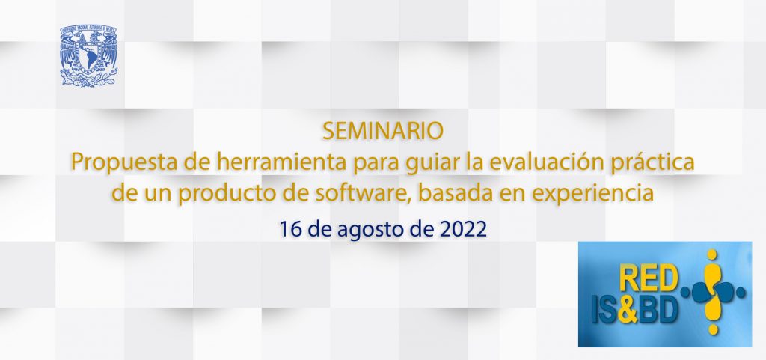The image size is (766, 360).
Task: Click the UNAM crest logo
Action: click(89, 56)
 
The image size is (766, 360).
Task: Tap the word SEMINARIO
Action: click(382, 132)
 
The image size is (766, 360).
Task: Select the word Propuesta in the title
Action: click(119, 162)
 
